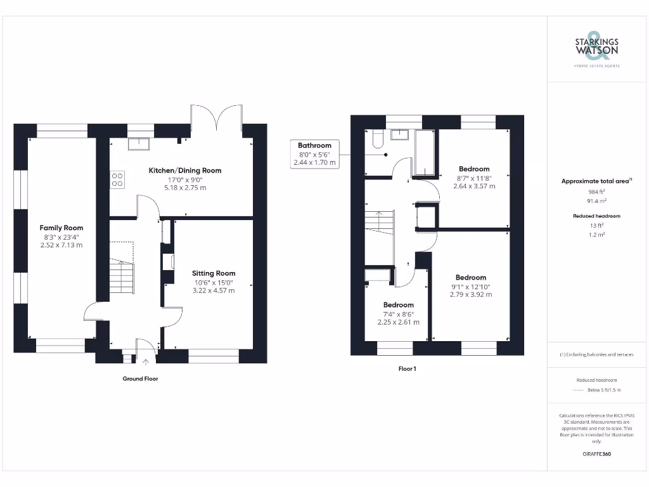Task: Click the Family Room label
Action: pos(61,228)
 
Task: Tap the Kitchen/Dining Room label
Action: pos(185,171)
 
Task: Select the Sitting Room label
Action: pos(214,273)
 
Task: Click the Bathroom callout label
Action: pos(314,145)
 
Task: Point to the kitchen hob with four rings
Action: pos(117,179)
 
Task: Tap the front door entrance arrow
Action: pos(147,362)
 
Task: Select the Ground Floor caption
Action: pos(140,379)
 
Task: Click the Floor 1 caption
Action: pos(408,368)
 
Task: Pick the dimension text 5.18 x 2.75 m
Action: pos(185,188)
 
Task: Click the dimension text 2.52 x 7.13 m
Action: pos(61,245)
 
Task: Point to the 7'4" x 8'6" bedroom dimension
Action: pos(398,314)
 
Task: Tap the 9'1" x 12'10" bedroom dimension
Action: pos(471,286)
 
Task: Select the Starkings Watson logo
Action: pos(596,47)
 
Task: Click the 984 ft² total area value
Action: pos(596,192)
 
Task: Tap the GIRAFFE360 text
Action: pos(596,454)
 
